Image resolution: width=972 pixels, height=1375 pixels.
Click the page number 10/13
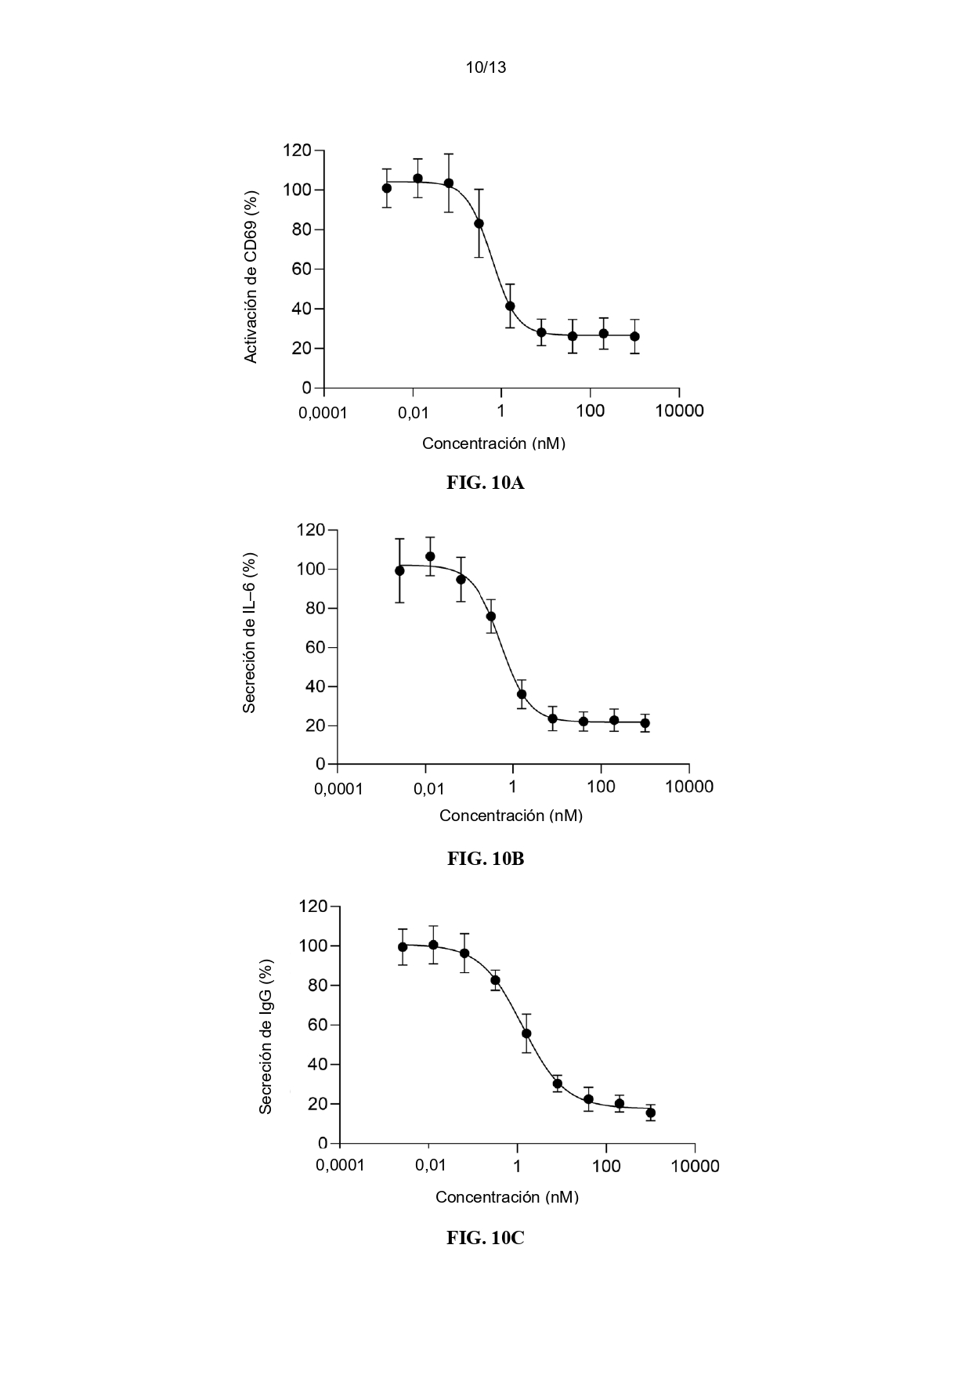click(486, 67)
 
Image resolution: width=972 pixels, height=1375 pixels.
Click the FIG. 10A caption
click(486, 483)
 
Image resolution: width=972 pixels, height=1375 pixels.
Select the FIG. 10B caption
click(486, 859)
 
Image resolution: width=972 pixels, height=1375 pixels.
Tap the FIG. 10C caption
click(486, 1238)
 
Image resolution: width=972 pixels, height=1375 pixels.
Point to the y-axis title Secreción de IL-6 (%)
click(249, 633)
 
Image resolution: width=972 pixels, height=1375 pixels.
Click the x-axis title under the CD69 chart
click(493, 443)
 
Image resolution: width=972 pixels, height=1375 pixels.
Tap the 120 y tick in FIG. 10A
click(297, 150)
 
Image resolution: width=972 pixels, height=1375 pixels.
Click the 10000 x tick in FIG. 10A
click(679, 411)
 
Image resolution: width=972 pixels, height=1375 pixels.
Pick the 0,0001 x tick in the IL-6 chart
click(338, 787)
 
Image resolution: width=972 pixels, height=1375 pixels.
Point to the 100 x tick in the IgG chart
click(606, 1166)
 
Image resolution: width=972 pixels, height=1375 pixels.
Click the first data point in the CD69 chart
click(387, 188)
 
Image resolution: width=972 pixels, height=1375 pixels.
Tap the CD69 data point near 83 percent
click(479, 223)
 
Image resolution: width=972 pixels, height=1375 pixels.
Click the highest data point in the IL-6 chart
click(430, 556)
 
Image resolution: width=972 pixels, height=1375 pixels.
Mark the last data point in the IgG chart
click(651, 1113)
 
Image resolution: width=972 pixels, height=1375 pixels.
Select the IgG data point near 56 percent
click(526, 1033)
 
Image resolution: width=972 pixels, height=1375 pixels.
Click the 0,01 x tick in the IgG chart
click(430, 1166)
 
